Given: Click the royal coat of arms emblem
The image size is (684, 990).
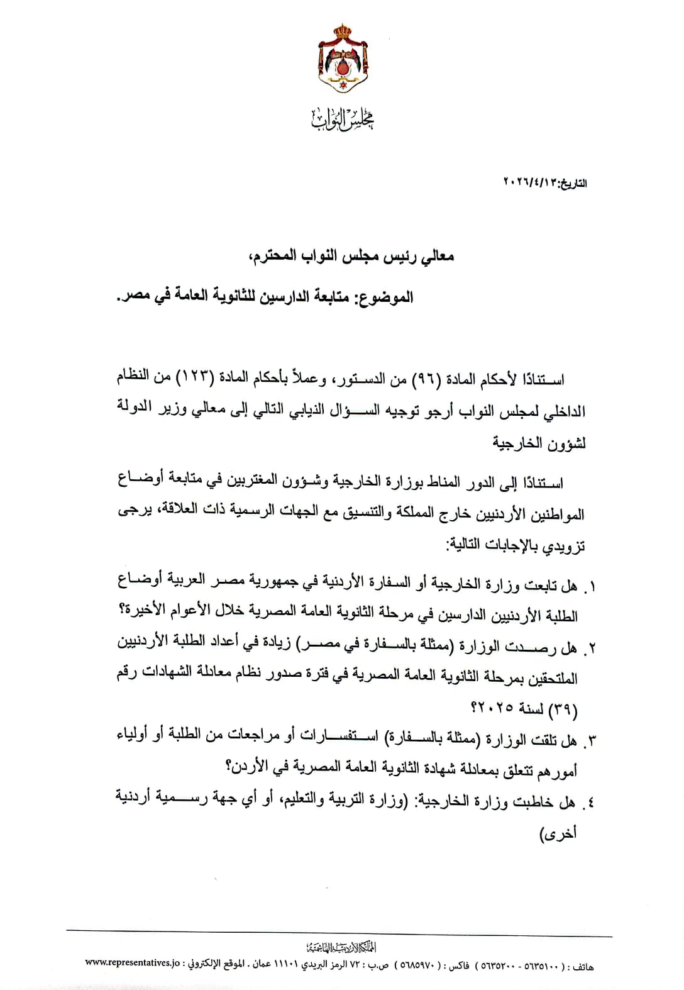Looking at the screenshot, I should coord(343,59).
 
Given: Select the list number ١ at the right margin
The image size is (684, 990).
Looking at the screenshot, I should coord(590,588).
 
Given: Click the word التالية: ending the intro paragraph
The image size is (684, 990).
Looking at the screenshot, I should coord(468,545).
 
